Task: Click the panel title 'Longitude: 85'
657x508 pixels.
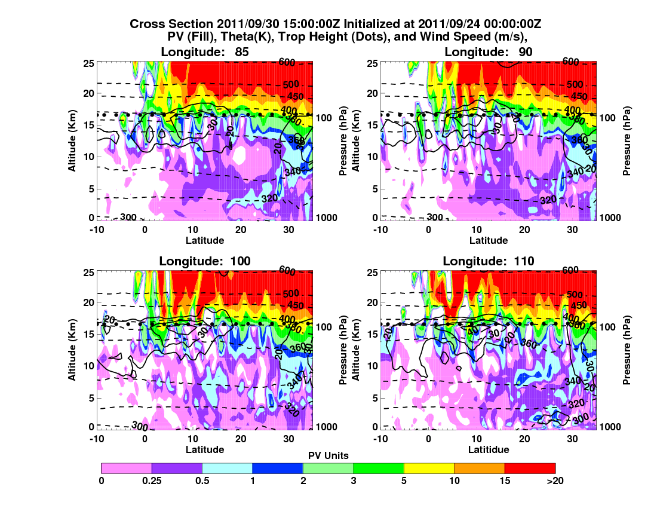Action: click(205, 52)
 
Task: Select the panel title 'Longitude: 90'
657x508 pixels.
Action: click(489, 52)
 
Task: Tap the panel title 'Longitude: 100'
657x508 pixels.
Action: click(205, 261)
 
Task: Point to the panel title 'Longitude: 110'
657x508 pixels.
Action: click(489, 261)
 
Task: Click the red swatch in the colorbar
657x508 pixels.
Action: click(530, 468)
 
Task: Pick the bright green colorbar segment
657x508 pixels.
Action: click(379, 468)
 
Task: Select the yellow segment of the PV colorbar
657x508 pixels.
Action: click(429, 468)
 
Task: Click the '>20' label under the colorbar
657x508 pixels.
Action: click(555, 480)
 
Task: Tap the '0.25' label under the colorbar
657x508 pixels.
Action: click(152, 480)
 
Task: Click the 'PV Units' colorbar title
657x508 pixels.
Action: click(328, 455)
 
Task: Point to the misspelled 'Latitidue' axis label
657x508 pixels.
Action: click(489, 449)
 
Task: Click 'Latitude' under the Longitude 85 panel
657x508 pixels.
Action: click(205, 240)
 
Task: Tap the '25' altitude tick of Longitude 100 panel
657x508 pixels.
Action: click(90, 272)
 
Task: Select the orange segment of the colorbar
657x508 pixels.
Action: click(480, 468)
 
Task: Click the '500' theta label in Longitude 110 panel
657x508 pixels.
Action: click(574, 294)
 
